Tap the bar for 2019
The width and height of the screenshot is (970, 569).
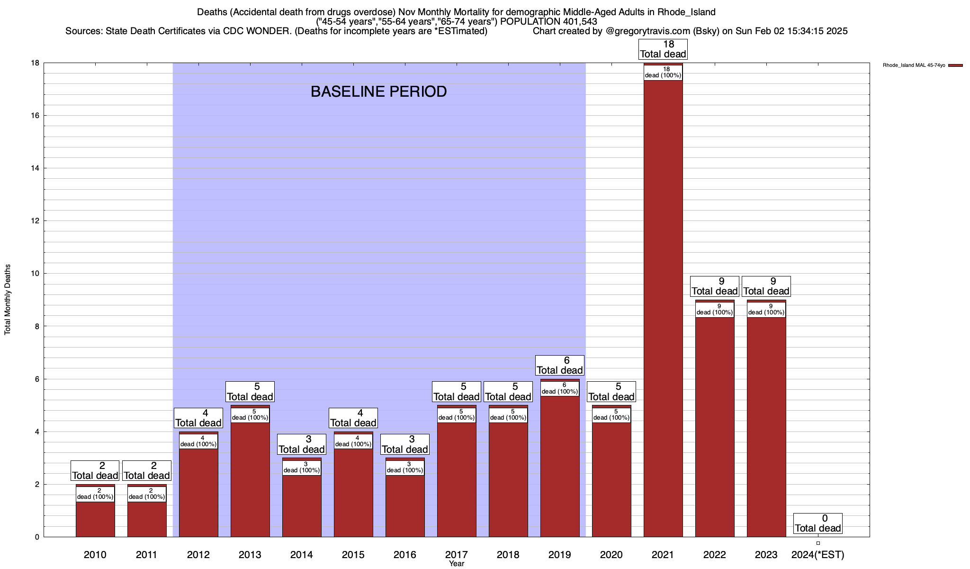tap(560, 465)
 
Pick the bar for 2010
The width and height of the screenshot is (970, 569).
tap(95, 519)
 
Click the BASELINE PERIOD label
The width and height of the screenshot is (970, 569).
tap(378, 92)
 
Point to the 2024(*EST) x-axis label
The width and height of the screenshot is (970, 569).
tap(818, 554)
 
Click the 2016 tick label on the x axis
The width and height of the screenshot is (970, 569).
tap(405, 554)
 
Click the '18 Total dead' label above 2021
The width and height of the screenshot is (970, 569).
tap(663, 49)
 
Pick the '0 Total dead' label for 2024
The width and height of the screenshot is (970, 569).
tap(818, 523)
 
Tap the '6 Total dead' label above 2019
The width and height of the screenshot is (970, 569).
tap(560, 366)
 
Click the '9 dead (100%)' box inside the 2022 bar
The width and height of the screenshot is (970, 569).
tap(715, 310)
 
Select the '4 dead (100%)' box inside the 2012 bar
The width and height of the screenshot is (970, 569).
tap(198, 441)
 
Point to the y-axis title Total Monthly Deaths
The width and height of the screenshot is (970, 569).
tap(8, 299)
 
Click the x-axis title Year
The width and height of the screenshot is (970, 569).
tap(457, 564)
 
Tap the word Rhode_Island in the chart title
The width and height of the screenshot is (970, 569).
tap(686, 12)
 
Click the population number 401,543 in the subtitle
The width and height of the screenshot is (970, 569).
tap(580, 21)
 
